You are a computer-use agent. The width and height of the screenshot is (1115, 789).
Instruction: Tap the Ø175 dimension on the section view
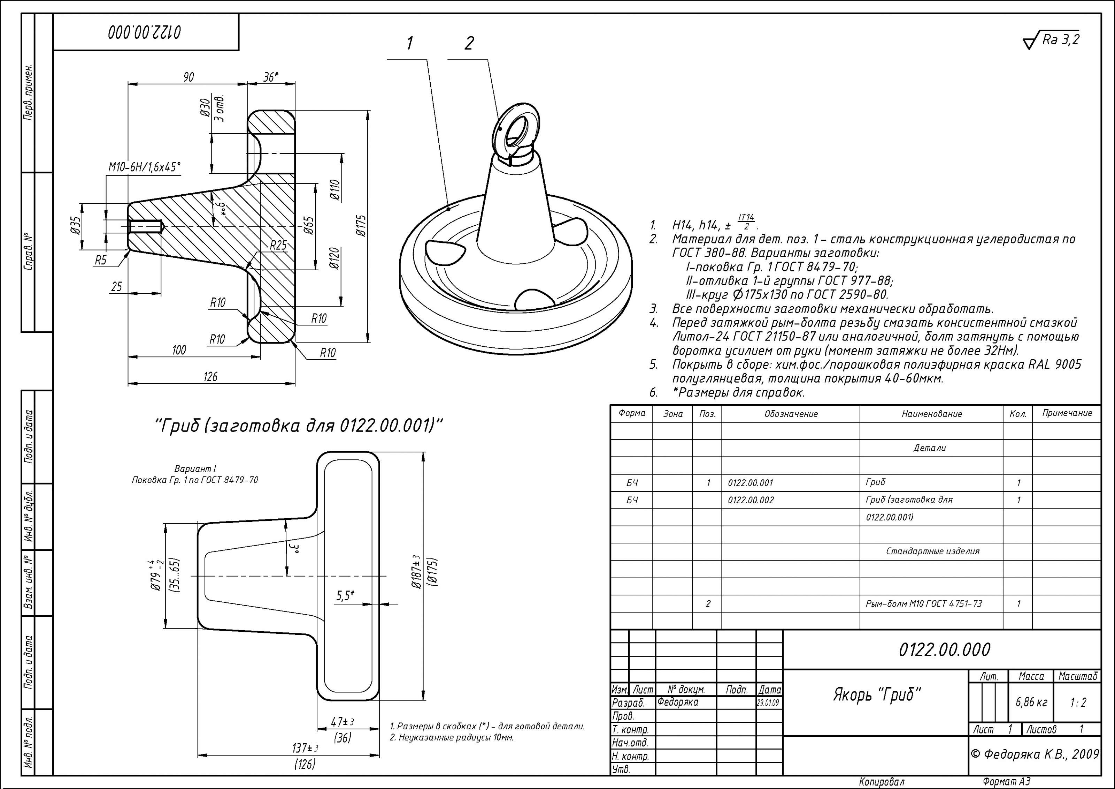click(x=360, y=226)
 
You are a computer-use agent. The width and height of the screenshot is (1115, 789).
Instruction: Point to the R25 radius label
click(x=278, y=246)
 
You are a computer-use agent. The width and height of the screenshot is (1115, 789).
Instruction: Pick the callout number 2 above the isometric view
click(x=469, y=44)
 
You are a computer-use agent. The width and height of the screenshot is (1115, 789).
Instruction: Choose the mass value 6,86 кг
click(x=1031, y=702)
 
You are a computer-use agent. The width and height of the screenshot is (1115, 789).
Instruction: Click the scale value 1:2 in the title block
click(x=1078, y=702)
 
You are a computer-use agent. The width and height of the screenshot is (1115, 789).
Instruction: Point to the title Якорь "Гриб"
click(x=877, y=695)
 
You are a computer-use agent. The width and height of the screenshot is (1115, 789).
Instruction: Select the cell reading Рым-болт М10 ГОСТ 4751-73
click(x=924, y=604)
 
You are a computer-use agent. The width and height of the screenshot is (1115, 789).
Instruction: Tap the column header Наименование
click(x=931, y=414)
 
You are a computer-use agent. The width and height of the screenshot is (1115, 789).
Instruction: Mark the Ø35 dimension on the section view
click(x=75, y=226)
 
